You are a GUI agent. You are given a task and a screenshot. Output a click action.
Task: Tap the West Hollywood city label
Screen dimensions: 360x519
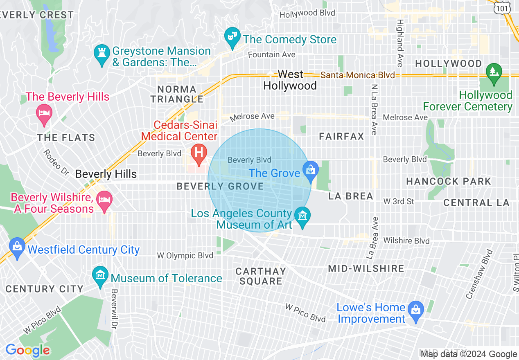[290, 80]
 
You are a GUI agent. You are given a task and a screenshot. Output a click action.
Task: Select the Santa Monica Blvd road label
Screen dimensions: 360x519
[358, 75]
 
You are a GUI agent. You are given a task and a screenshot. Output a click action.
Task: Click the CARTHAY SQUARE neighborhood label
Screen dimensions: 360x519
[261, 276]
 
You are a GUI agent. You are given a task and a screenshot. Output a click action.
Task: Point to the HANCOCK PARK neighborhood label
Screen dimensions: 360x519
[448, 181]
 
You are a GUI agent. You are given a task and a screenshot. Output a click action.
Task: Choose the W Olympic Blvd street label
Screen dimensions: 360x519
[185, 256]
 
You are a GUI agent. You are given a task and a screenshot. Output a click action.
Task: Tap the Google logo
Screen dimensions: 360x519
[27, 350]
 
